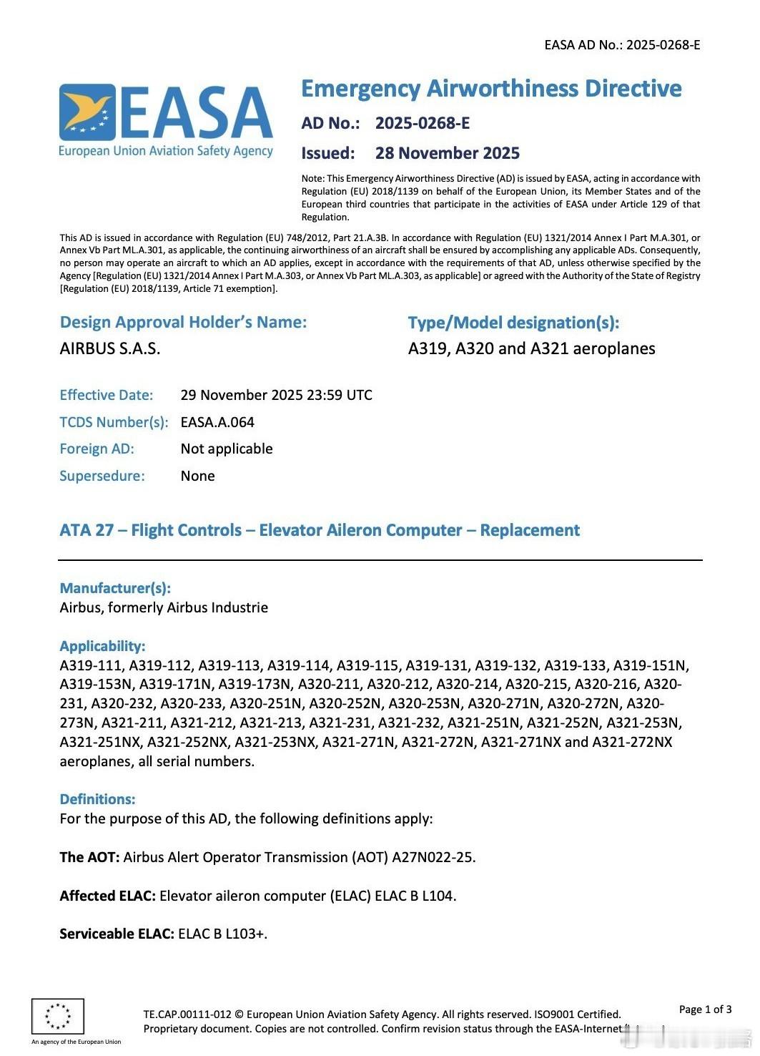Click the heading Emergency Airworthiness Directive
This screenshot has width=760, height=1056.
tap(491, 89)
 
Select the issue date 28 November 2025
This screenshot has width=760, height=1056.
tap(447, 153)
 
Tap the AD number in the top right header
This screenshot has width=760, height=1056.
tap(621, 45)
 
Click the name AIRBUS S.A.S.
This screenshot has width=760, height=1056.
tap(110, 349)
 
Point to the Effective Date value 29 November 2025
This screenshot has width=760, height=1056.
tap(276, 395)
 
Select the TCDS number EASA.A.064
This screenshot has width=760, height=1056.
tap(217, 422)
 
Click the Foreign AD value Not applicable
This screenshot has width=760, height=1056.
tap(227, 449)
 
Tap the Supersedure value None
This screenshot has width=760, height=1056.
tap(197, 476)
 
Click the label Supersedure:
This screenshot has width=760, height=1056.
tap(102, 476)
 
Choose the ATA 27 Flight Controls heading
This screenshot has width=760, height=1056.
tap(320, 530)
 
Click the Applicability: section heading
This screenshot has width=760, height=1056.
tap(102, 646)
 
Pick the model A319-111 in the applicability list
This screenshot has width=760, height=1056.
tap(91, 665)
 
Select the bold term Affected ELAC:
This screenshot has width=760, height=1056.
tap(107, 896)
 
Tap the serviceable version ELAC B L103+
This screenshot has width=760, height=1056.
tap(222, 934)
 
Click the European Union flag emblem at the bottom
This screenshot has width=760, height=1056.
tap(58, 1016)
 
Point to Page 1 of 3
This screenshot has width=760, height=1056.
tap(705, 1009)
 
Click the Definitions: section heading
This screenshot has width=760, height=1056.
tap(97, 799)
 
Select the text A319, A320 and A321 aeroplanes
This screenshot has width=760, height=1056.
tap(531, 349)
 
